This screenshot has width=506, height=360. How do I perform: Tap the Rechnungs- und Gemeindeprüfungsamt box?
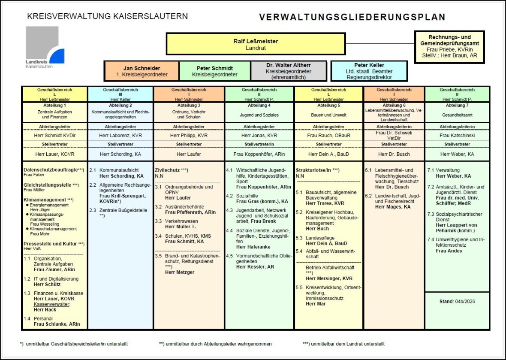coord(449,46)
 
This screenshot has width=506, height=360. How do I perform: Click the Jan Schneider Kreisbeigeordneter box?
coord(142,71)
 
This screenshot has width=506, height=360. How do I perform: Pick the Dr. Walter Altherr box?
coord(288,71)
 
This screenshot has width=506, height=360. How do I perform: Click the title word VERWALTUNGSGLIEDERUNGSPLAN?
coord(352,17)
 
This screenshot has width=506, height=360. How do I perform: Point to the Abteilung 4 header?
coord(259,105)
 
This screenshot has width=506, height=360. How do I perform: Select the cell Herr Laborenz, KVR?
coord(120,135)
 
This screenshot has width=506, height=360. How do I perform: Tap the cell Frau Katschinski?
coord(457,135)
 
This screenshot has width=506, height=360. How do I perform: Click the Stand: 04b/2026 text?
coord(457,301)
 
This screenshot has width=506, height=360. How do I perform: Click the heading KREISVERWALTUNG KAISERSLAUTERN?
coord(107,16)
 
